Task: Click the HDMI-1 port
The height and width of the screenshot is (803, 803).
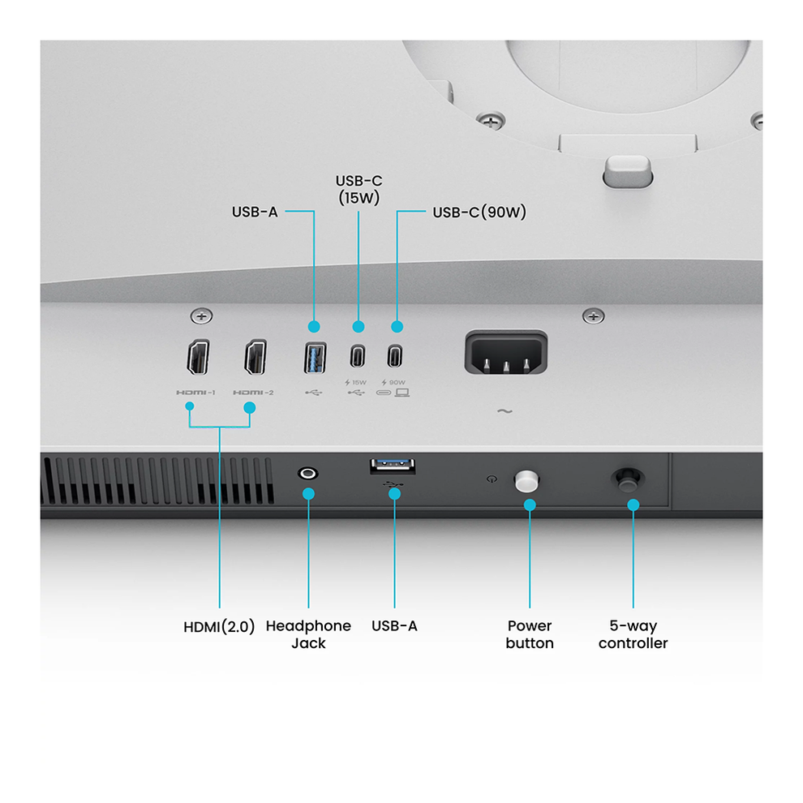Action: click(x=198, y=357)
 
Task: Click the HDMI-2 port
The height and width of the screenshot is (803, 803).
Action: click(x=255, y=357)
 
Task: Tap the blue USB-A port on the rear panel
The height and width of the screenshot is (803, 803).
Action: click(x=315, y=358)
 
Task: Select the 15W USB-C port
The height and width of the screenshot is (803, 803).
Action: click(x=358, y=356)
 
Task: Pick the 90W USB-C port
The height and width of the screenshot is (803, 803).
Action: click(x=394, y=356)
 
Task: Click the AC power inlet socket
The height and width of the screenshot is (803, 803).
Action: click(x=506, y=352)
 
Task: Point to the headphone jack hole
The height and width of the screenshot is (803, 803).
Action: click(x=307, y=473)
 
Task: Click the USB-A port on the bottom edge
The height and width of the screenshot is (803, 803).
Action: click(x=393, y=466)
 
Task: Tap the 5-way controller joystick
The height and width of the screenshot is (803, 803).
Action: click(x=628, y=480)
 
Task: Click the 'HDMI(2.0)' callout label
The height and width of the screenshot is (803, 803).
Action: click(x=219, y=627)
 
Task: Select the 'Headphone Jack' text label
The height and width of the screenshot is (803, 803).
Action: click(x=308, y=634)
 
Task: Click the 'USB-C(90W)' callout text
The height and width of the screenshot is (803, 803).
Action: click(x=479, y=212)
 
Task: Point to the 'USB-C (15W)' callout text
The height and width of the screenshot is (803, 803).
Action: click(x=359, y=190)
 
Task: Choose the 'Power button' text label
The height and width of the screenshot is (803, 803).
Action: click(x=530, y=634)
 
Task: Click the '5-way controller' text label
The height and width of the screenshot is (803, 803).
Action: click(x=633, y=634)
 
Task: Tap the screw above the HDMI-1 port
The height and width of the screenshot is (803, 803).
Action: click(x=201, y=316)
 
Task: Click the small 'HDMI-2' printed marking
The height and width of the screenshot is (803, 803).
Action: click(x=254, y=393)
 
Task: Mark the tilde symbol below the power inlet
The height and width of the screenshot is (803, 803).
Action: click(x=505, y=410)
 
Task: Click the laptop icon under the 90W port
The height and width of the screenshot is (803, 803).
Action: click(x=402, y=393)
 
